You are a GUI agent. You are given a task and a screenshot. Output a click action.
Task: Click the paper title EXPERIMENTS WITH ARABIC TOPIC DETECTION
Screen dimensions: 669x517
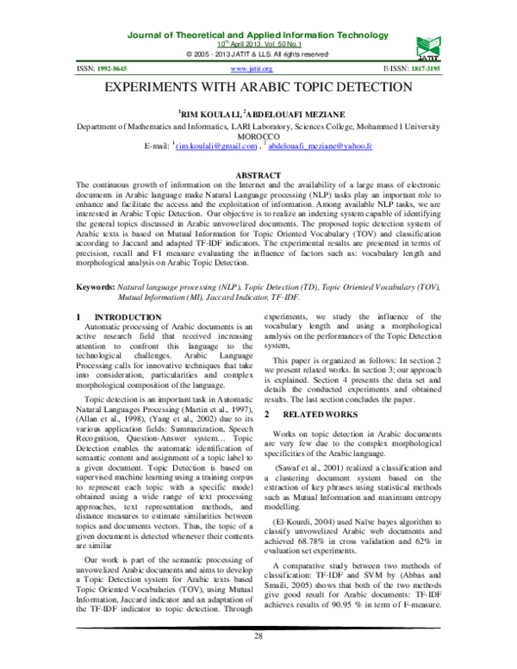tap(258, 88)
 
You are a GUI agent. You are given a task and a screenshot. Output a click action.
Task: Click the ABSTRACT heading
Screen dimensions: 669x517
tap(258, 176)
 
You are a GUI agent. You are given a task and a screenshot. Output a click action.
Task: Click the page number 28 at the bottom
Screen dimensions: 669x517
tap(258, 660)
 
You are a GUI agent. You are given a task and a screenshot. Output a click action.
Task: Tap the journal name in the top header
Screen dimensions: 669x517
tap(258, 34)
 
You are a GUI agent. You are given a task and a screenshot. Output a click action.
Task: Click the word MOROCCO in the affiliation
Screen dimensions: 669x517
tap(258, 136)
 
